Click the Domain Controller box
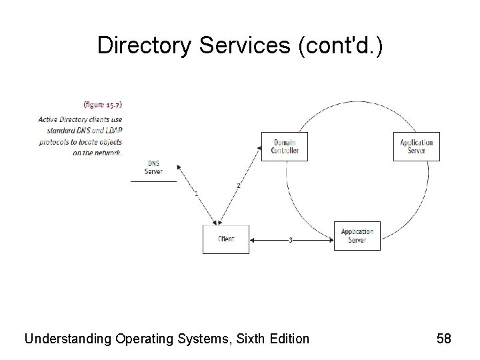tap(285, 146)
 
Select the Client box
tap(225, 239)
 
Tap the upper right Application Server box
tap(417, 146)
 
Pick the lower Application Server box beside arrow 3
tap(357, 236)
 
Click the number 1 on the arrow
tap(196, 193)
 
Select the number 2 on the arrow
tap(238, 185)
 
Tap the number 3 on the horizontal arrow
tap(290, 240)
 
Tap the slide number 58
tap(444, 339)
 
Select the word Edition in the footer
tap(289, 339)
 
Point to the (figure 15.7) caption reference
tap(103, 104)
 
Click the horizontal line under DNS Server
tap(153, 181)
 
